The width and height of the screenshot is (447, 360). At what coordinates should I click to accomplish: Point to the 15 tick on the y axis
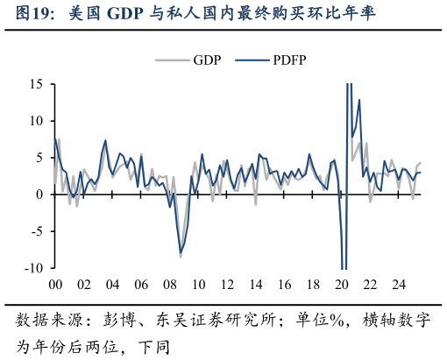pyautogui.click(x=36, y=84)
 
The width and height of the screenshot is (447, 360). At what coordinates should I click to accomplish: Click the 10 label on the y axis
pyautogui.click(x=36, y=121)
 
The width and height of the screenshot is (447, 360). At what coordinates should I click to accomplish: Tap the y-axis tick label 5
pyautogui.click(x=39, y=158)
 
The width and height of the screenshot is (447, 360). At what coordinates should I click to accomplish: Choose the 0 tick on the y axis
pyautogui.click(x=39, y=194)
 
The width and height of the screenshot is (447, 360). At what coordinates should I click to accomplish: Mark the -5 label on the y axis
pyautogui.click(x=37, y=232)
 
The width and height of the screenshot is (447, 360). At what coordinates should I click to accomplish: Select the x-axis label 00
pyautogui.click(x=54, y=286)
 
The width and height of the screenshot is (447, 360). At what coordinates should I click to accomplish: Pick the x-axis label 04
pyautogui.click(x=112, y=286)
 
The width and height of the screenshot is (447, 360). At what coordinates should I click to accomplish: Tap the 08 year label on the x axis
pyautogui.click(x=169, y=286)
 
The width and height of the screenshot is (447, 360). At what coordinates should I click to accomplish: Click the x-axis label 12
pyautogui.click(x=227, y=286)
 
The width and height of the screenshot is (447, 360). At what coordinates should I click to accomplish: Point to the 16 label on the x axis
pyautogui.click(x=284, y=286)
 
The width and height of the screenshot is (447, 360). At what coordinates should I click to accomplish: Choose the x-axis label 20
pyautogui.click(x=342, y=286)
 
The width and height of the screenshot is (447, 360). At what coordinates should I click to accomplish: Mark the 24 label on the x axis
pyautogui.click(x=399, y=286)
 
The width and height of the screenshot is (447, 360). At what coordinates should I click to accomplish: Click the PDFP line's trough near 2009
pyautogui.click(x=181, y=253)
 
